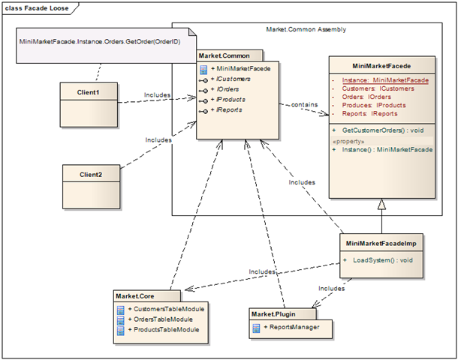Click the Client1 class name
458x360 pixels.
[x=88, y=92]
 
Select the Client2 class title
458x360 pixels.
[x=91, y=175]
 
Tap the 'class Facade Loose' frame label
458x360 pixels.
[x=37, y=8]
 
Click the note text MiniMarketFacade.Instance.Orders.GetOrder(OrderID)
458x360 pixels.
[x=100, y=41]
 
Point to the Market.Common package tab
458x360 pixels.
[x=230, y=55]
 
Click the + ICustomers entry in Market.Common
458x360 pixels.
[x=231, y=79]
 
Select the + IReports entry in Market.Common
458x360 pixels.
[x=226, y=110]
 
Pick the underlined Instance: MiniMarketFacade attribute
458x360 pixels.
[x=385, y=80]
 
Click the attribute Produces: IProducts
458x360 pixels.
[x=374, y=105]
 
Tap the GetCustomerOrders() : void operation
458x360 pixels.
[x=383, y=130]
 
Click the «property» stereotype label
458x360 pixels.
[x=348, y=142]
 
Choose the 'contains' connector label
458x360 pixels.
[x=304, y=104]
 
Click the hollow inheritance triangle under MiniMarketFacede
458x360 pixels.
[x=381, y=204]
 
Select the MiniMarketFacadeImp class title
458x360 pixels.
[x=381, y=244]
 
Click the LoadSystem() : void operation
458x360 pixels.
[x=383, y=260]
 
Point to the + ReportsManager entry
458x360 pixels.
[x=291, y=327]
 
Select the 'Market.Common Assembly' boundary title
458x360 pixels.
[x=306, y=29]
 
